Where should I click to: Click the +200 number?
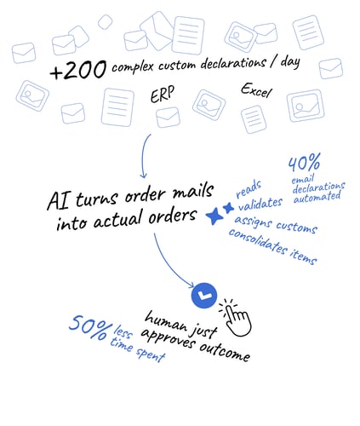78,70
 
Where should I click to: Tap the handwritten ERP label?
163,95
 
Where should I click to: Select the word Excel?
256,90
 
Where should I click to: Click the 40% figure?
305,163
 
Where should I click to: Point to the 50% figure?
90,327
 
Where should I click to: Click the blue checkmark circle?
204,296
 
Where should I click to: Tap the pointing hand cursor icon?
236,318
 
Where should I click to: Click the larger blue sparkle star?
214,216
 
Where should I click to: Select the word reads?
249,189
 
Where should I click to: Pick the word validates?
260,204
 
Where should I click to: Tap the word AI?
58,201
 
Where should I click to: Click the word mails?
193,191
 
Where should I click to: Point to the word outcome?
225,352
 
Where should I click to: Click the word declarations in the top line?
233,64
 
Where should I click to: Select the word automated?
317,197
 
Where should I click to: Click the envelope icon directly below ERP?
168,117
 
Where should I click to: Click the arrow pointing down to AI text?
144,156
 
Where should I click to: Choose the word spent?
151,354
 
